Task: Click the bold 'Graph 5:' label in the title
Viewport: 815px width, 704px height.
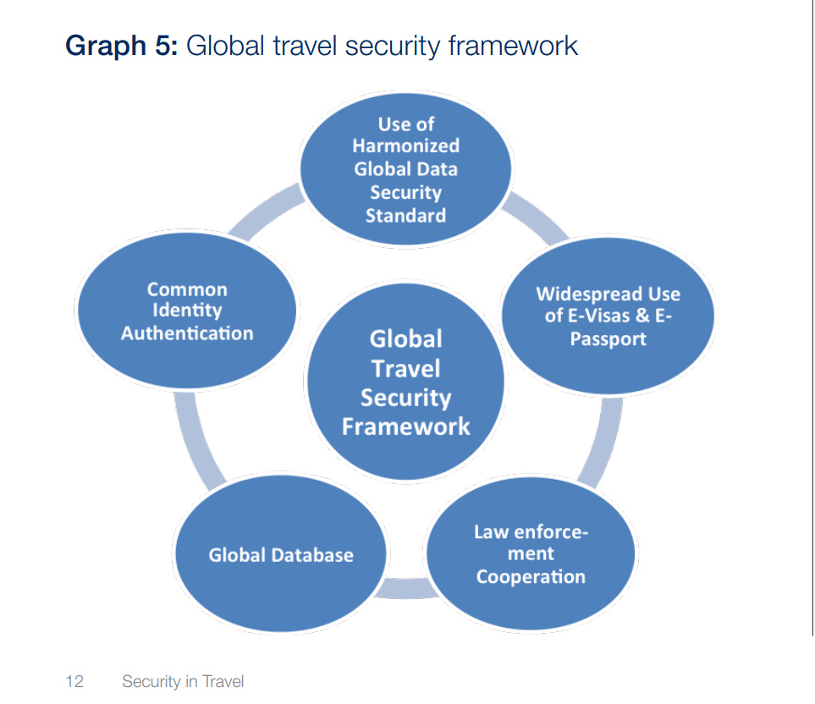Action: click(x=121, y=46)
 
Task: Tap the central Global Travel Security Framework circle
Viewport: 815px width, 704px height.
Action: click(x=405, y=382)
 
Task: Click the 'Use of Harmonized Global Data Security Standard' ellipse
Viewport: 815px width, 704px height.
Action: click(x=405, y=169)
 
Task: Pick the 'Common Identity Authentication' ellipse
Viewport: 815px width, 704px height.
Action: click(x=187, y=311)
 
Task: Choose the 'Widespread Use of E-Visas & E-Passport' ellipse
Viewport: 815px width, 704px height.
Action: click(x=608, y=316)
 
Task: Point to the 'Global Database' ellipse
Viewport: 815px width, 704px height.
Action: click(x=281, y=556)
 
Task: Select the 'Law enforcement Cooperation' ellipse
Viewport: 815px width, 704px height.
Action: click(x=530, y=555)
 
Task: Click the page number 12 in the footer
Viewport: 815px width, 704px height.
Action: click(x=74, y=681)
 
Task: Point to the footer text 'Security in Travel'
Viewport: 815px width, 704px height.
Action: click(x=183, y=681)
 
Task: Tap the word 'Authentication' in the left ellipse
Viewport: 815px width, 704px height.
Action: click(x=187, y=333)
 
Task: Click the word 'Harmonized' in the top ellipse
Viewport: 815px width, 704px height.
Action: click(x=406, y=146)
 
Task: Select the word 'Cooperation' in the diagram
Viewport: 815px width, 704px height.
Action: click(x=531, y=577)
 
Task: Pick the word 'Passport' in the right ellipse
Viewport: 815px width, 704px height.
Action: click(x=608, y=339)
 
